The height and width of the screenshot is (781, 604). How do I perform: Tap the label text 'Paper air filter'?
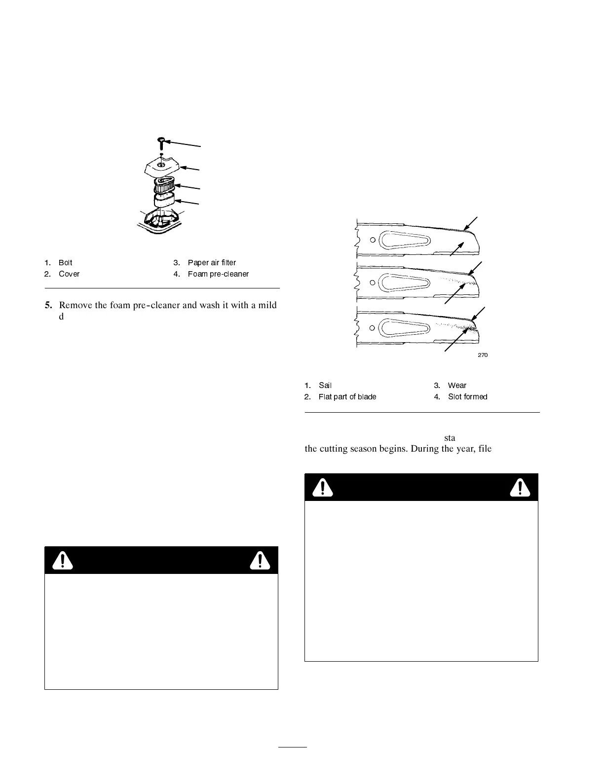pos(212,263)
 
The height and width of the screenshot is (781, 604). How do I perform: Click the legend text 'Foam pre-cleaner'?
pos(218,274)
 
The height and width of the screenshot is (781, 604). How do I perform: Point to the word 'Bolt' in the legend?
pos(65,263)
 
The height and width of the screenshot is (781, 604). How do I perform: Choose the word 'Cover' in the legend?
pos(69,274)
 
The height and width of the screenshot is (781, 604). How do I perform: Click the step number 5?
pos(48,305)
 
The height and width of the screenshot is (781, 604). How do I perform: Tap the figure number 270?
pos(483,355)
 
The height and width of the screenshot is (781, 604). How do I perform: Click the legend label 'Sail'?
pos(325,386)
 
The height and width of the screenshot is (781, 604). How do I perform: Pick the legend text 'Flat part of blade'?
pos(347,397)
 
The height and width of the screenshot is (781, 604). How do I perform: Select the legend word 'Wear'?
pos(457,386)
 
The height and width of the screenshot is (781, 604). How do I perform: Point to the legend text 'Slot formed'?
pos(467,397)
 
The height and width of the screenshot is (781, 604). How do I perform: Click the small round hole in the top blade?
pos(373,240)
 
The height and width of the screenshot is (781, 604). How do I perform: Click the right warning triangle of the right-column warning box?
pos(520,488)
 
